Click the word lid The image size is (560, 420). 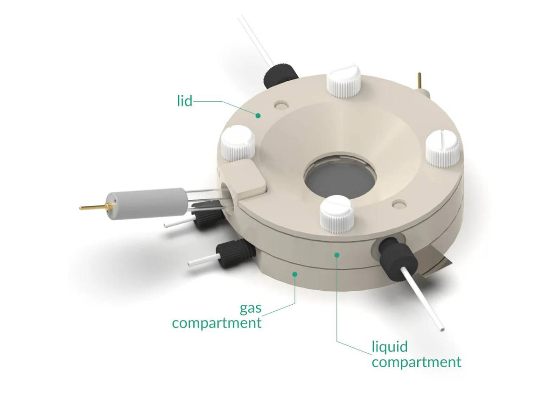[x=185, y=101]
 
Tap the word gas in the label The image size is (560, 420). [x=251, y=309]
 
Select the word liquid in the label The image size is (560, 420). [x=390, y=347]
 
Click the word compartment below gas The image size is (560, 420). [x=217, y=323]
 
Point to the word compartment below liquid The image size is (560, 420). [x=416, y=362]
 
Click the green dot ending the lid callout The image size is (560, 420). [x=258, y=114]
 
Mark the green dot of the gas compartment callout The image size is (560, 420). [x=295, y=274]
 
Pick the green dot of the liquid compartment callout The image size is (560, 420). [x=336, y=254]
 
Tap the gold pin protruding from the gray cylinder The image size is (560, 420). [x=93, y=207]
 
